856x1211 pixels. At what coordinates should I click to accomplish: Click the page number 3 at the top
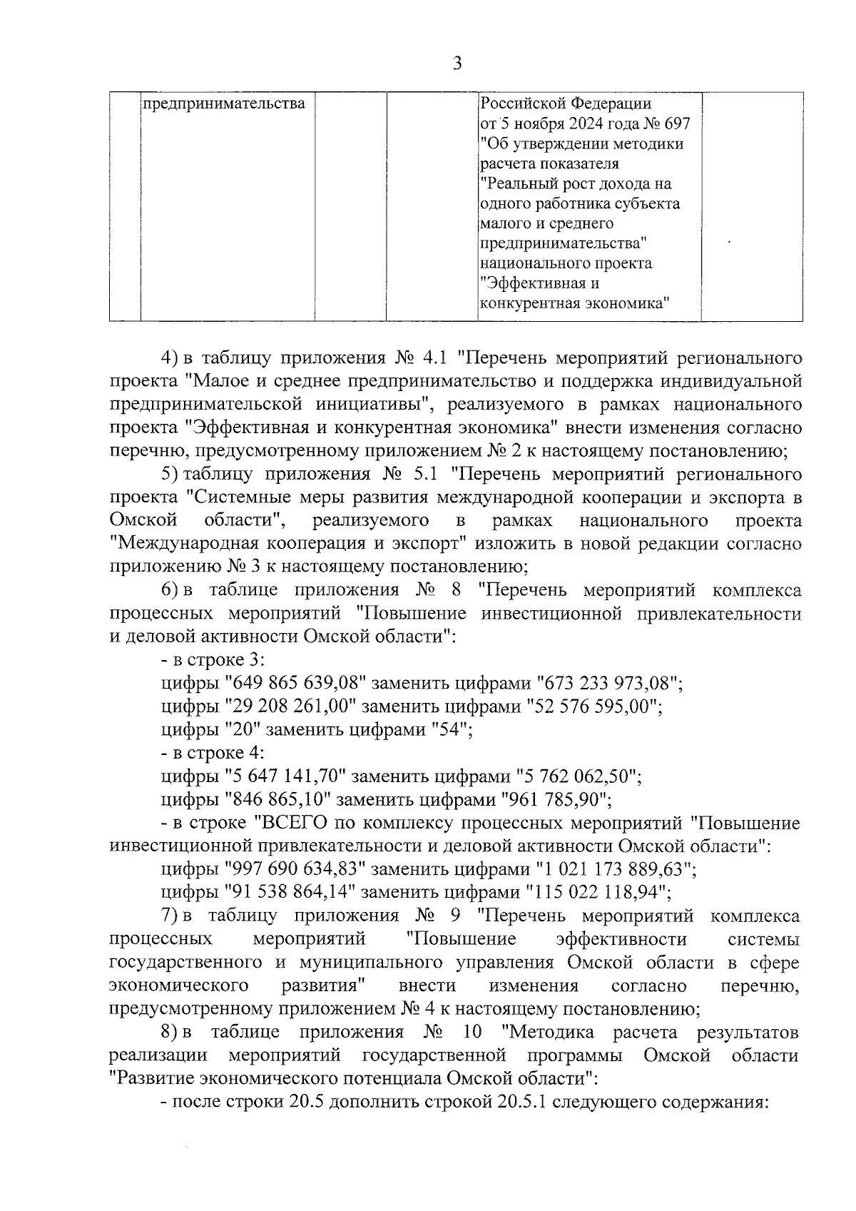(457, 64)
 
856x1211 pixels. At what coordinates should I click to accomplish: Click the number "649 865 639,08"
(295, 684)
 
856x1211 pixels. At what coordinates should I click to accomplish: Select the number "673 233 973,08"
(610, 684)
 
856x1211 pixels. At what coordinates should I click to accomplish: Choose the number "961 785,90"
(557, 799)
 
